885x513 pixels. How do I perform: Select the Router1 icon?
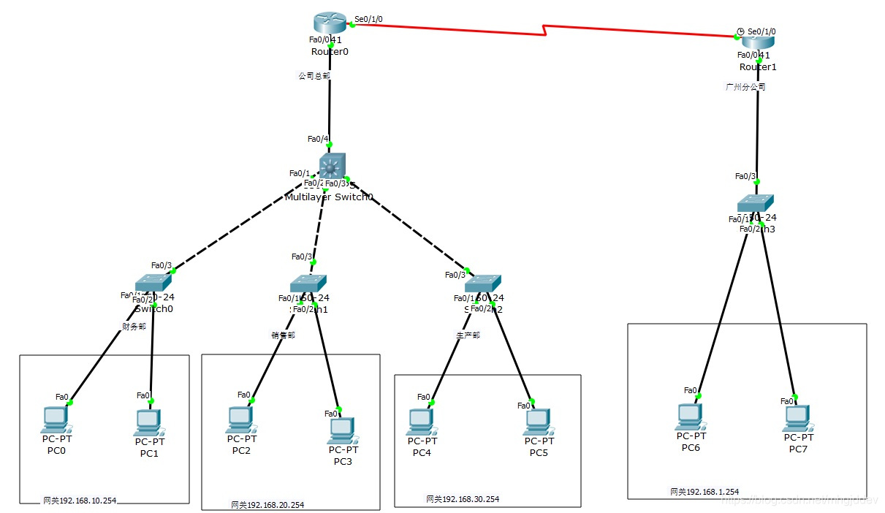click(x=758, y=42)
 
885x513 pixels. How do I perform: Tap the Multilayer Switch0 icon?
click(x=333, y=167)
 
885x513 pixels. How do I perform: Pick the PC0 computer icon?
click(x=56, y=419)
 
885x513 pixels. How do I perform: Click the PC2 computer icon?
click(x=240, y=419)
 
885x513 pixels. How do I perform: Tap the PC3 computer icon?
click(x=341, y=430)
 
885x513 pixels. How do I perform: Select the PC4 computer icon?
click(x=420, y=421)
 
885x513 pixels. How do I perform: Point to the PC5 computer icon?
click(x=538, y=421)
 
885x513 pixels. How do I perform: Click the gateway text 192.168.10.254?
click(x=79, y=501)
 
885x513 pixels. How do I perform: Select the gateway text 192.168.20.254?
click(x=267, y=505)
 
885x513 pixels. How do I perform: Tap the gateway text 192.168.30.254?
click(x=463, y=499)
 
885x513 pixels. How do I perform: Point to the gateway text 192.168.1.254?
click(x=704, y=492)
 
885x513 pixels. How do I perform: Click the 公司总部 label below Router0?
click(x=314, y=75)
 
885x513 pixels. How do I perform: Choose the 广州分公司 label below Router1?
click(x=745, y=86)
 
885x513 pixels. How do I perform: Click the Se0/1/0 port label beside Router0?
click(x=368, y=19)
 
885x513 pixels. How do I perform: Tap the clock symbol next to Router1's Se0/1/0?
click(x=740, y=31)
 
